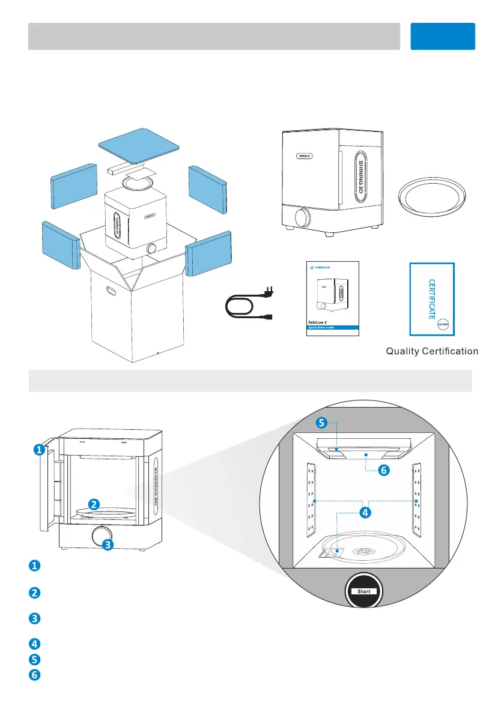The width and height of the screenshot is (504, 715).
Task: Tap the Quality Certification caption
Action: click(431, 351)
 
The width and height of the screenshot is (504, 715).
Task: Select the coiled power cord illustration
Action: click(245, 305)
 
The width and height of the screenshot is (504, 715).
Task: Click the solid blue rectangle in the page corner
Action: click(443, 36)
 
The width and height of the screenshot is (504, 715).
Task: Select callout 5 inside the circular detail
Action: click(321, 423)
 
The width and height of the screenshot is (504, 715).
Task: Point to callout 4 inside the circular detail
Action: click(365, 513)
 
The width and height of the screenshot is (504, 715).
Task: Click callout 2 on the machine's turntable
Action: click(94, 504)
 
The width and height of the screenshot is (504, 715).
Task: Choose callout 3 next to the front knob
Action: click(107, 545)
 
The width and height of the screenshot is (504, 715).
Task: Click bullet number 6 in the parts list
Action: click(35, 674)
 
